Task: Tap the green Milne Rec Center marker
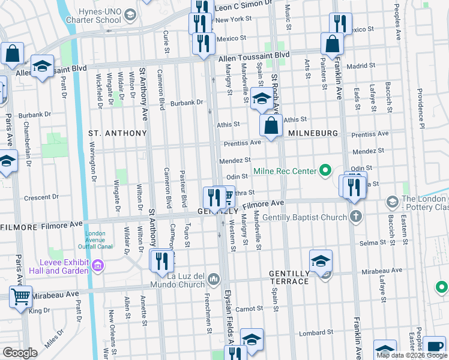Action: coord(325,172)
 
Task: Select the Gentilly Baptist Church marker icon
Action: coord(356,215)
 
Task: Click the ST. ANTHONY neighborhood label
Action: coord(117,133)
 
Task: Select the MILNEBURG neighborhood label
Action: coord(310,133)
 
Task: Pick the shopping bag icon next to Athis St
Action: coord(271,125)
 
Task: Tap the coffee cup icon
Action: coord(434,346)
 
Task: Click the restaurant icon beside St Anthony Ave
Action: coord(161,260)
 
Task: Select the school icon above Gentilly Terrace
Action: coord(321,260)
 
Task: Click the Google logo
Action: coord(20,352)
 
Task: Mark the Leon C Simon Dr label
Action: coord(241,5)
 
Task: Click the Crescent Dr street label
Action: coord(40,198)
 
